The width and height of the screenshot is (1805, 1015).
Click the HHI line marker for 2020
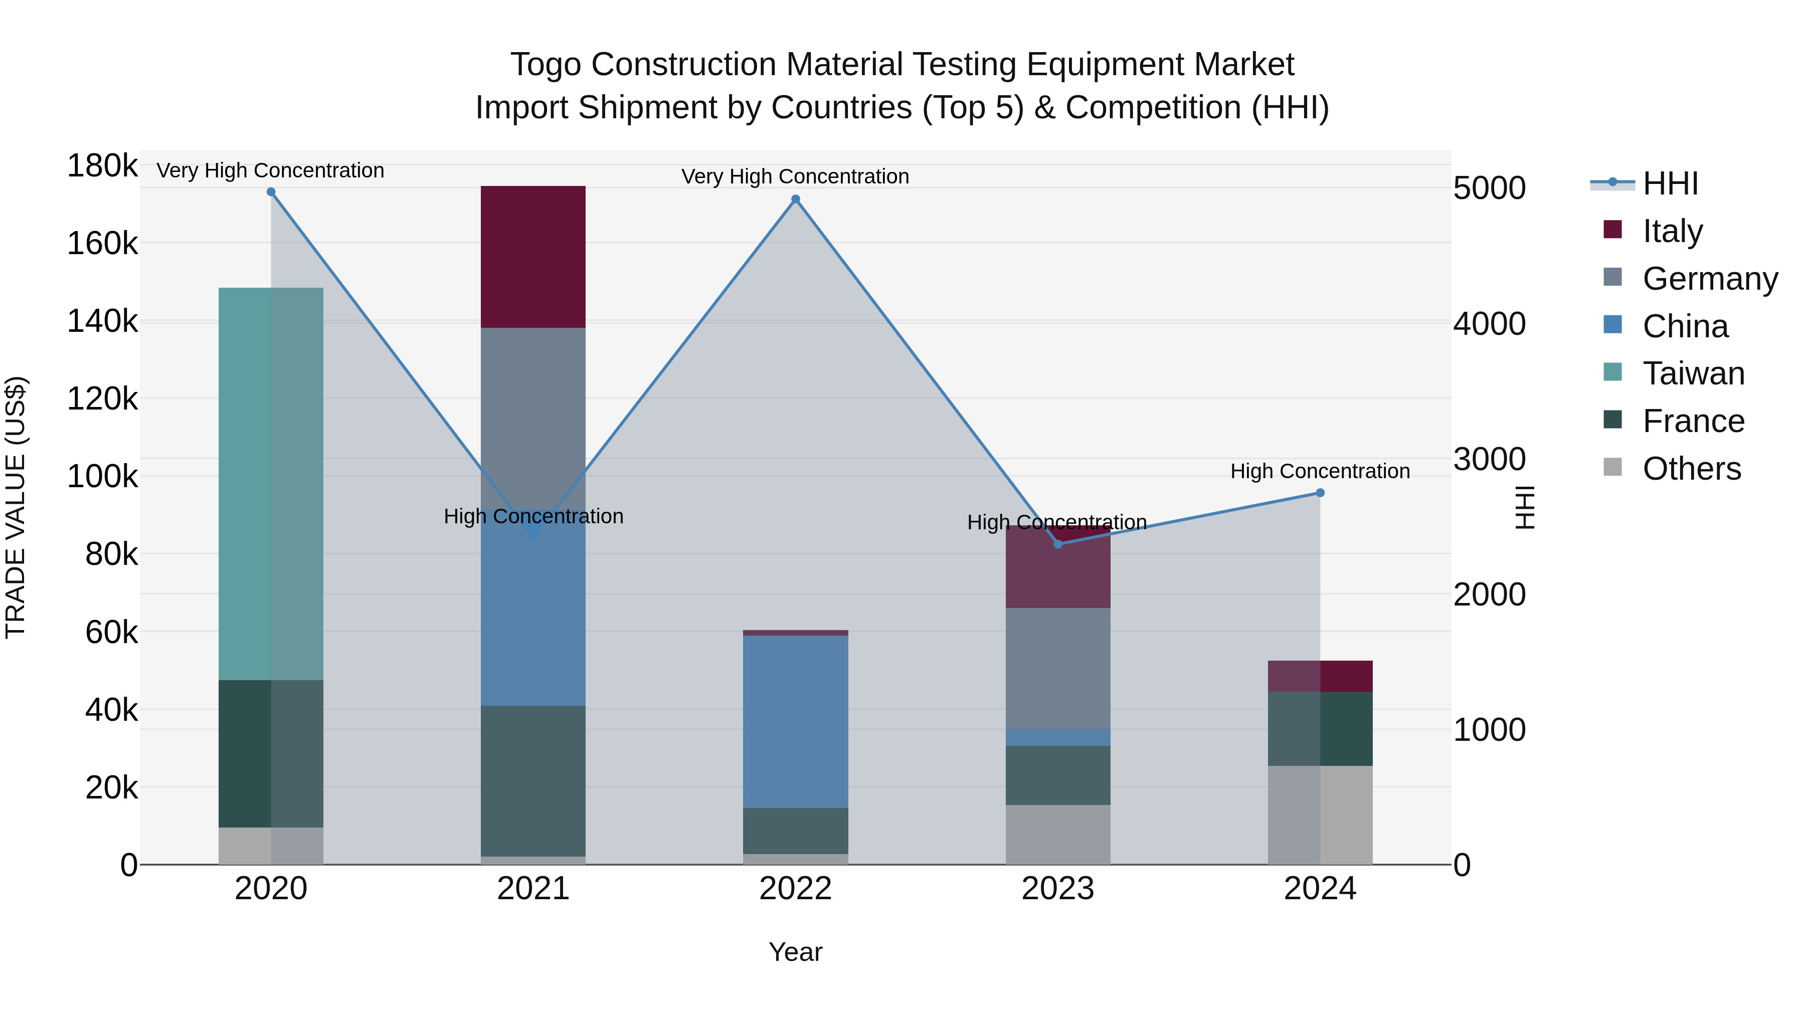[271, 192]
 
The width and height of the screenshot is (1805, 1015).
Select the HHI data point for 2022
[795, 199]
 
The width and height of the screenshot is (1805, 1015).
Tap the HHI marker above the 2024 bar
[1320, 493]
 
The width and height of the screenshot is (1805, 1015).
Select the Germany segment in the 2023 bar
[1057, 668]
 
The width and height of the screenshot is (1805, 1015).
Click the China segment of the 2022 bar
[795, 721]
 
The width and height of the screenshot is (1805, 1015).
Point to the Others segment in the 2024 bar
[1320, 815]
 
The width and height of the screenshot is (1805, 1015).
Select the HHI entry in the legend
[1670, 183]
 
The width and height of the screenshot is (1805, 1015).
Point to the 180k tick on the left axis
[102, 167]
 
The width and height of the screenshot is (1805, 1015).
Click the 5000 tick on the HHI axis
[1489, 188]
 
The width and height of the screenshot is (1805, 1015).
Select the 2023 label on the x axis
[1057, 889]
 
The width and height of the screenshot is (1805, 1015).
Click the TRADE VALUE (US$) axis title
[16, 507]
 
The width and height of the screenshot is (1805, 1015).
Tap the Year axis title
[795, 952]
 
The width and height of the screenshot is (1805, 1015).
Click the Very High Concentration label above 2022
[795, 176]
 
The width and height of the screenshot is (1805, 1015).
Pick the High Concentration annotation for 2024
[1320, 472]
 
